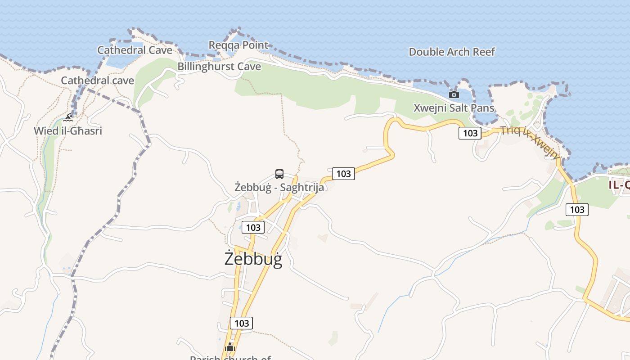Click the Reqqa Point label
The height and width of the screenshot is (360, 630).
(238, 45)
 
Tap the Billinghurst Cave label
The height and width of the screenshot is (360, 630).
(219, 67)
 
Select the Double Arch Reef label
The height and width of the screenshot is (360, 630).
(451, 52)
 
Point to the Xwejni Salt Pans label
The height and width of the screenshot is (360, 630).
(454, 108)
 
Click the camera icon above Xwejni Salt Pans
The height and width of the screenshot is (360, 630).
(454, 94)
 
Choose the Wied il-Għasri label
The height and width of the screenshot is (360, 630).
(68, 131)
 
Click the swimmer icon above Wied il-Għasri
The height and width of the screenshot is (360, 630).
(68, 118)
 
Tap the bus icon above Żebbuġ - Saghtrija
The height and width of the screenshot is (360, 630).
(279, 174)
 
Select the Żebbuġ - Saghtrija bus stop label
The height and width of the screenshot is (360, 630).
(279, 187)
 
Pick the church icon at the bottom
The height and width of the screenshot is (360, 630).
(230, 347)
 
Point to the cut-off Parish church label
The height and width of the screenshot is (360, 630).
(230, 358)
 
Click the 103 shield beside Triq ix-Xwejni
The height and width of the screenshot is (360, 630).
(470, 133)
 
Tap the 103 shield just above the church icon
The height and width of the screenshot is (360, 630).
(242, 323)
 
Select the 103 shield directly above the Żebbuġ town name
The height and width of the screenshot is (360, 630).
(253, 227)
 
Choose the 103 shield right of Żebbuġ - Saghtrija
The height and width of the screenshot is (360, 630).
(343, 173)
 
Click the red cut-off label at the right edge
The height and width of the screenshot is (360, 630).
(619, 184)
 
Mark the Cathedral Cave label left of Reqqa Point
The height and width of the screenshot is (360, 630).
(135, 50)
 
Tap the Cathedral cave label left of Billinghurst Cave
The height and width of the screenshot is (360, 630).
(98, 81)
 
